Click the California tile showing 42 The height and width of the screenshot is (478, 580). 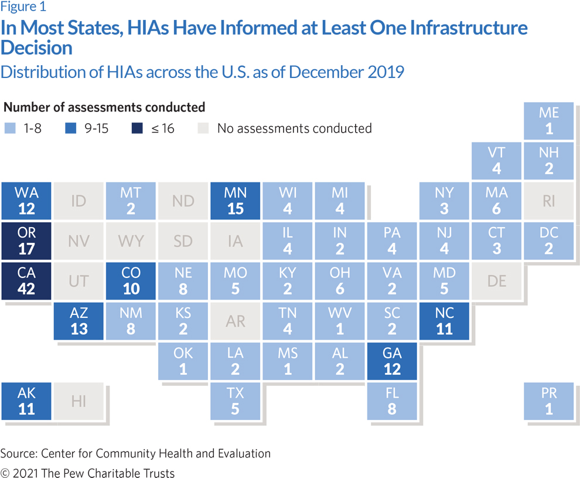(x=26, y=281)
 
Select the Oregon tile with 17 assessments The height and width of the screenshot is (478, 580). (x=26, y=241)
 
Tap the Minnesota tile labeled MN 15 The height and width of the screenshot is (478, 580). (x=235, y=201)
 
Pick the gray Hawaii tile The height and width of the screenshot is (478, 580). (x=79, y=401)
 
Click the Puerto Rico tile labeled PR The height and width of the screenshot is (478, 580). (x=549, y=401)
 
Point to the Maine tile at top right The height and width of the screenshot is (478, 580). (x=549, y=121)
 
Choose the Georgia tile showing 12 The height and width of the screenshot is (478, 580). (x=392, y=361)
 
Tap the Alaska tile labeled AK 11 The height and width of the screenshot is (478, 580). (x=26, y=401)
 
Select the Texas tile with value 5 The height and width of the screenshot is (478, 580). (x=235, y=401)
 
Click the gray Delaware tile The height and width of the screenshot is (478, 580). (x=496, y=281)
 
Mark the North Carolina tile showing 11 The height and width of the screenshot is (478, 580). (x=444, y=321)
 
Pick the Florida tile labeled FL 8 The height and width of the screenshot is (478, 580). (x=392, y=401)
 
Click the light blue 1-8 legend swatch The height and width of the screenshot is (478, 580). (x=10, y=128)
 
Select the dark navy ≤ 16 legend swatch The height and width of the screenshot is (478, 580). (x=136, y=128)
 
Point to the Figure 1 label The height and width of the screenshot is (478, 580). (x=23, y=8)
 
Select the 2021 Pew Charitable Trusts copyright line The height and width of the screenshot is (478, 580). (x=87, y=473)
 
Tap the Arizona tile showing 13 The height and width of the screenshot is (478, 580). (x=79, y=321)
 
